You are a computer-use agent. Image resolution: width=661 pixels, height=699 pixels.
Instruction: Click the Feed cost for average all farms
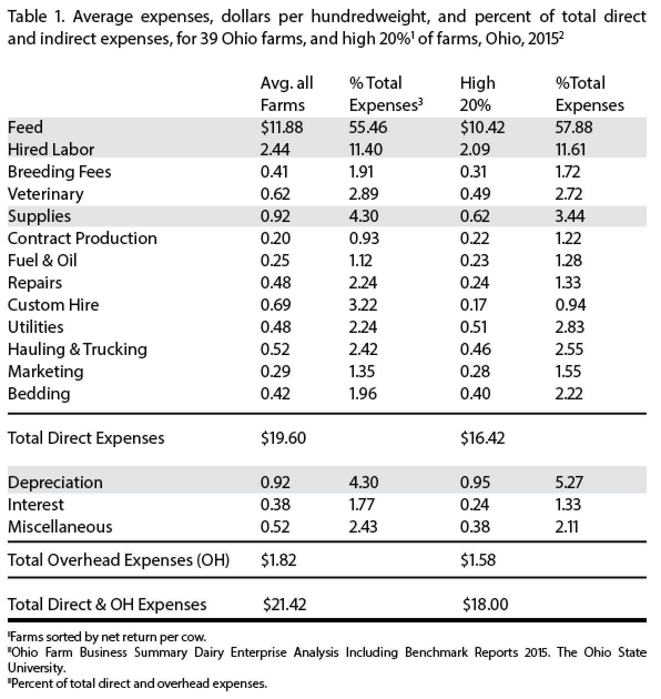click(282, 127)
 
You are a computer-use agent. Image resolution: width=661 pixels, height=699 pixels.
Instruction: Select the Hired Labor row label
click(51, 149)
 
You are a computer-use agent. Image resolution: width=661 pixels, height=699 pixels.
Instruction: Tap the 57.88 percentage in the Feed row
click(573, 127)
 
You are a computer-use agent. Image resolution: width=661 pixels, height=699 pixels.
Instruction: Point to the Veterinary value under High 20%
click(475, 194)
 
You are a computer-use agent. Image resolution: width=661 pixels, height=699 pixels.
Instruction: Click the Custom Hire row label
click(53, 305)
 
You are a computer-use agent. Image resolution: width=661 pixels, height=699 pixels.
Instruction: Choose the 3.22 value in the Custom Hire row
click(363, 305)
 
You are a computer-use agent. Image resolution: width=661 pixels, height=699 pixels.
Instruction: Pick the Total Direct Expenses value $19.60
click(283, 438)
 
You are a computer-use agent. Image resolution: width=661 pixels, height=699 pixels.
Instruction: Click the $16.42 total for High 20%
click(482, 438)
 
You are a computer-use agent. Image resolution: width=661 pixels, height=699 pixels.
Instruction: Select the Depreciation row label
click(55, 482)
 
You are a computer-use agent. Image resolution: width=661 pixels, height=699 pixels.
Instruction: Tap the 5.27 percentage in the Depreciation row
click(568, 482)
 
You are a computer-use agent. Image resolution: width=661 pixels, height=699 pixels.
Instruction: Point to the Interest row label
click(35, 504)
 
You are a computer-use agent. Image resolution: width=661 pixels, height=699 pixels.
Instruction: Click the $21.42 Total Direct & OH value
click(284, 604)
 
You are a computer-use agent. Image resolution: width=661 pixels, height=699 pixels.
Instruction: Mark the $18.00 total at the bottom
click(485, 604)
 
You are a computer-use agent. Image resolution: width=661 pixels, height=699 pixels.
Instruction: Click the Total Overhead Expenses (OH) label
click(118, 560)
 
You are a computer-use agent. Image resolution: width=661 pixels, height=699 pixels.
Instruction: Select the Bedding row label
click(39, 393)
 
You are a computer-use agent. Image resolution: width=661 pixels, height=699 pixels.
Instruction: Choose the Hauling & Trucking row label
click(77, 349)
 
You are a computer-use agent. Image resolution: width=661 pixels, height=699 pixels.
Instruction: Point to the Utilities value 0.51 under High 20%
click(475, 327)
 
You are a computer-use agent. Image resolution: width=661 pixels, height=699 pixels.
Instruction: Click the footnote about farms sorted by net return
click(108, 636)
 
